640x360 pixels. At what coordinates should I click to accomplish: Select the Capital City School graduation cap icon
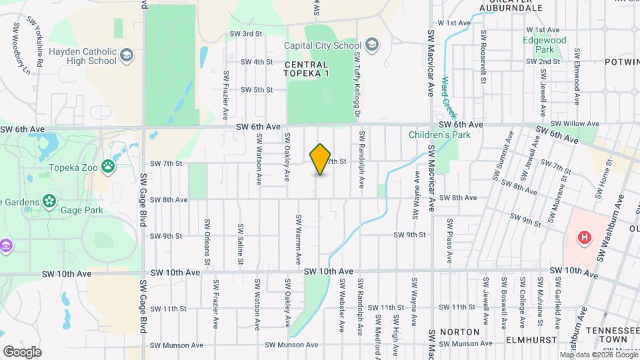click(x=372, y=45)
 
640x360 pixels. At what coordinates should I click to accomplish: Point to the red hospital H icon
click(x=585, y=237)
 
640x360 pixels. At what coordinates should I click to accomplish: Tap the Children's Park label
click(x=440, y=135)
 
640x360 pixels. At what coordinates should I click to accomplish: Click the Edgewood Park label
click(x=545, y=45)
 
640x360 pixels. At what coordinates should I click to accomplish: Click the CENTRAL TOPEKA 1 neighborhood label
click(x=307, y=69)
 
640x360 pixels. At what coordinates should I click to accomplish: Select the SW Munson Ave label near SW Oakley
click(x=289, y=345)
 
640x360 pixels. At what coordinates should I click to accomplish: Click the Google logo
click(x=23, y=351)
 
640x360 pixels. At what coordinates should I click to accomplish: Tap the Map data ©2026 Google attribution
click(x=598, y=355)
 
